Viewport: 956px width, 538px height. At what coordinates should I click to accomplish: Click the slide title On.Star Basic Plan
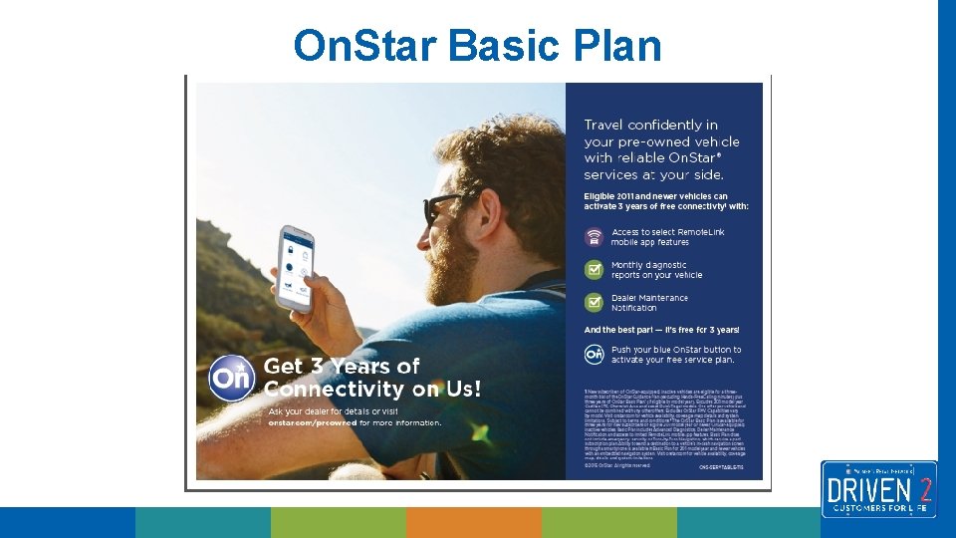(477, 46)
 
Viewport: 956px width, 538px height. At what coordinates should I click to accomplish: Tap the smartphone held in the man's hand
(295, 267)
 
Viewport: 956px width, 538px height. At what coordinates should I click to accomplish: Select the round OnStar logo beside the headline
(233, 379)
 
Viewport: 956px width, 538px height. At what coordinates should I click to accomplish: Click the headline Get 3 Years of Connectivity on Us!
(370, 378)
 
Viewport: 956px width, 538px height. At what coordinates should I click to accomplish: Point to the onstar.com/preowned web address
(313, 422)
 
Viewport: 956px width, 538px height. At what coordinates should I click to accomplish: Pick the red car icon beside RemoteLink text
(595, 237)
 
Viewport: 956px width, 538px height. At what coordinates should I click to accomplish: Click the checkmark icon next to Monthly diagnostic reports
(595, 270)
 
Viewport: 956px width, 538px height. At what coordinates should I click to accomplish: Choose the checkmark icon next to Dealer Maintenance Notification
(595, 302)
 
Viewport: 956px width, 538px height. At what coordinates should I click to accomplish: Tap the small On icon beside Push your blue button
(595, 354)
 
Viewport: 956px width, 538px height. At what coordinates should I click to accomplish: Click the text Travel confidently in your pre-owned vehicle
(663, 149)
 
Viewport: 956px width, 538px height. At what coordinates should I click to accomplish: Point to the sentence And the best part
(661, 330)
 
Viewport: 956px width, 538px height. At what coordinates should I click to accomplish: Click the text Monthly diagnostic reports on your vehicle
(657, 270)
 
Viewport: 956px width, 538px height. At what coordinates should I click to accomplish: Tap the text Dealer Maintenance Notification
(649, 302)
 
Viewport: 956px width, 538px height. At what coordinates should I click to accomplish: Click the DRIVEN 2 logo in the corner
(878, 488)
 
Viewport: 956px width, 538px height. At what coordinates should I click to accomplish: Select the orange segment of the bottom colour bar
(474, 522)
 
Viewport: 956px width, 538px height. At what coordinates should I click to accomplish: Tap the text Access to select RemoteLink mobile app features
(667, 237)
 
